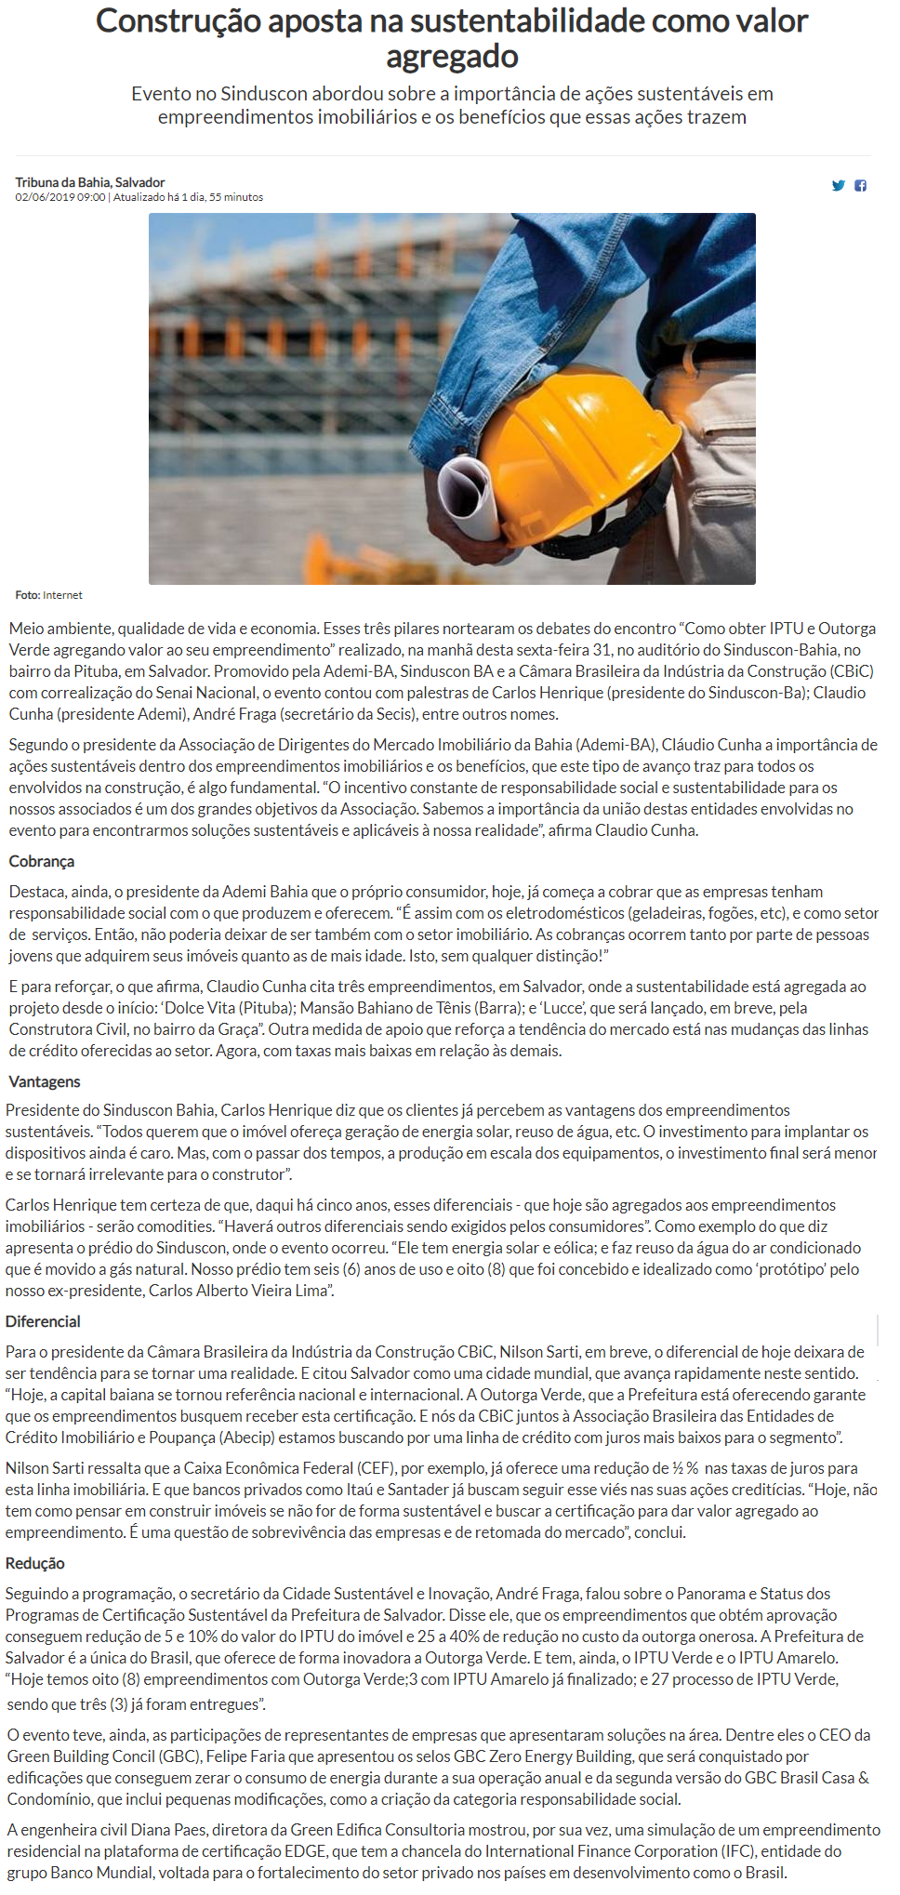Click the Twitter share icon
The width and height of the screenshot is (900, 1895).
pyautogui.click(x=838, y=186)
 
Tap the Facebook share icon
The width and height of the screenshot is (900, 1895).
pyautogui.click(x=861, y=186)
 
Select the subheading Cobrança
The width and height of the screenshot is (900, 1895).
pyautogui.click(x=42, y=862)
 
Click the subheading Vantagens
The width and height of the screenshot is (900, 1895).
pyautogui.click(x=45, y=1082)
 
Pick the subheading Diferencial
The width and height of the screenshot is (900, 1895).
pyautogui.click(x=43, y=1322)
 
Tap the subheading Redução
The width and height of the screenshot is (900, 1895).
pyautogui.click(x=35, y=1564)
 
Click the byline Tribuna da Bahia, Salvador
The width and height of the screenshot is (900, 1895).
pyautogui.click(x=90, y=182)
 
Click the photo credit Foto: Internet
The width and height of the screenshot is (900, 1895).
pyautogui.click(x=48, y=595)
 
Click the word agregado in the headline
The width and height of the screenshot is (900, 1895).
pyautogui.click(x=452, y=57)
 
